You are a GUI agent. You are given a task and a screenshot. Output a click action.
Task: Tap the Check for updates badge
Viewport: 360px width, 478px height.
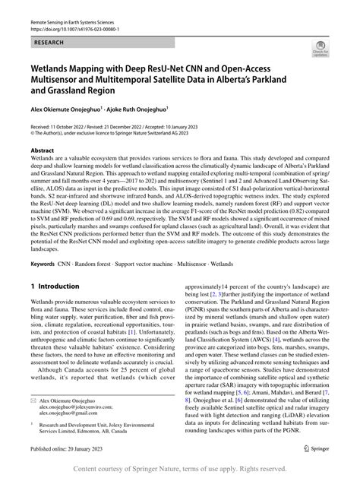(320, 49)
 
